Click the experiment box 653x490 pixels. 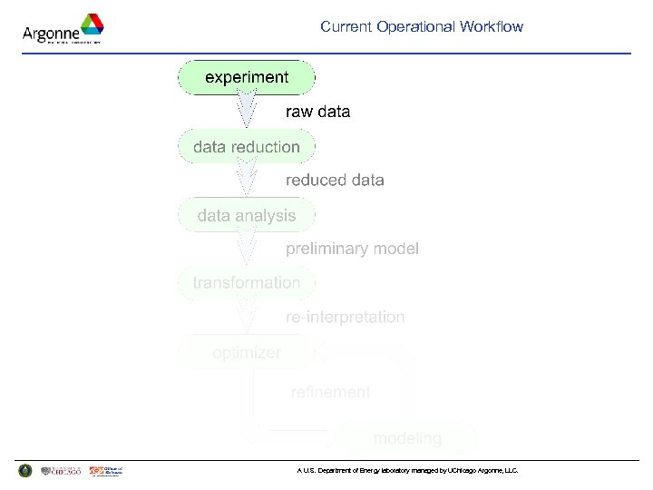(247, 77)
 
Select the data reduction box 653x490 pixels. (247, 146)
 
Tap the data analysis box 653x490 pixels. (247, 215)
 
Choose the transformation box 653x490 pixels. (247, 282)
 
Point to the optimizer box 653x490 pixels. (247, 352)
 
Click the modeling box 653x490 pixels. (407, 438)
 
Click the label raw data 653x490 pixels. (317, 113)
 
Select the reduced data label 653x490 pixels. (335, 181)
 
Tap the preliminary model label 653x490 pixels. (352, 249)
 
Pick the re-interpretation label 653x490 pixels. (345, 318)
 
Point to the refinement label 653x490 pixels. (330, 392)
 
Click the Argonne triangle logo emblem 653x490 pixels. (91, 25)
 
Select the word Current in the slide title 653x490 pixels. (346, 27)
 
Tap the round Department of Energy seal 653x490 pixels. (24, 471)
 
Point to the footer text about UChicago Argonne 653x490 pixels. (407, 471)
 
